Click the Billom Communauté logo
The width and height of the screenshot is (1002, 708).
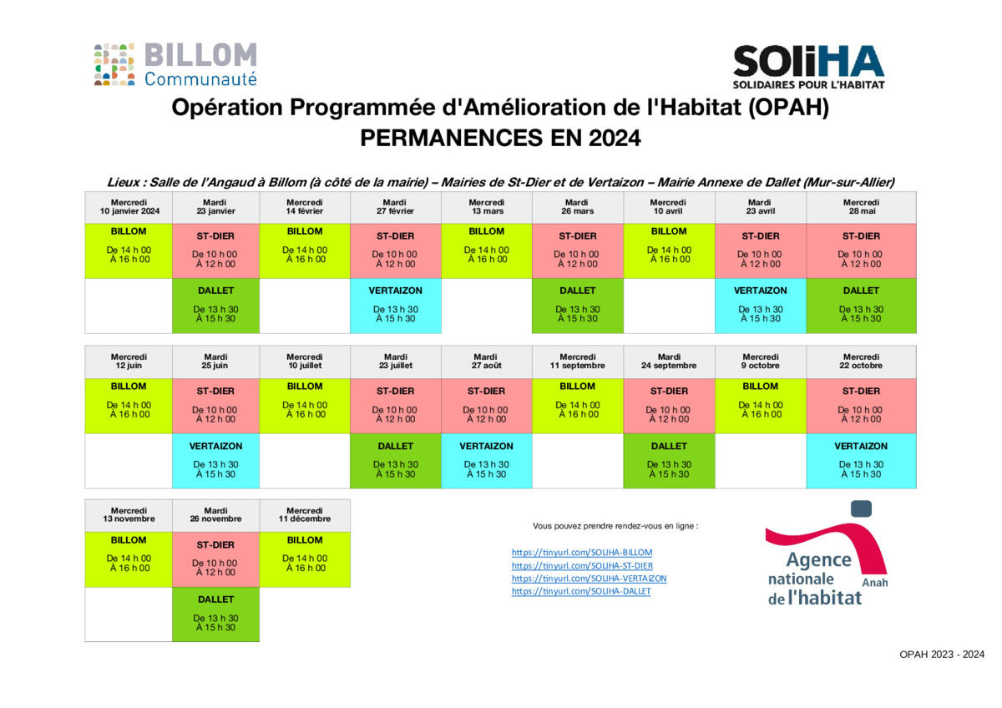[175, 64]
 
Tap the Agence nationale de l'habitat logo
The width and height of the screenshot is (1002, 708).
[826, 554]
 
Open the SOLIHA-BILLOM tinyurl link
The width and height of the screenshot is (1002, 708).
[582, 553]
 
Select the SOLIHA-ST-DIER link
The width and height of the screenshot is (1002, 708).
[582, 565]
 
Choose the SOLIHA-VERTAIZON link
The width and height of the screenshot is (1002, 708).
[589, 578]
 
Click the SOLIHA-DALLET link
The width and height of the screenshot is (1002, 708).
[580, 591]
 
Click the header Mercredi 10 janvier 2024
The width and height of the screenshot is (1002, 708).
[129, 206]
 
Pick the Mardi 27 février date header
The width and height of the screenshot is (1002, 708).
[395, 206]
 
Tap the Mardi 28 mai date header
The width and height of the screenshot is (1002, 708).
[861, 206]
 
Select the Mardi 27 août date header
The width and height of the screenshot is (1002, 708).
[486, 362]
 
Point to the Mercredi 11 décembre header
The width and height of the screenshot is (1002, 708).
[305, 514]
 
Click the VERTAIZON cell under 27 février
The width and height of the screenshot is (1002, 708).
[395, 306]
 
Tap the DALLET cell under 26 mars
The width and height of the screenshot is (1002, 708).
[577, 306]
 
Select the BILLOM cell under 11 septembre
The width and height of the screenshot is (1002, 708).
[577, 405]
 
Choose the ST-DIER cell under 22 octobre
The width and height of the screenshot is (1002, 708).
[861, 406]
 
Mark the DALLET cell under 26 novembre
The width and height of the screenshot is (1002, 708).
[215, 614]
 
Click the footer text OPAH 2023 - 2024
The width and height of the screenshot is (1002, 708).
[942, 655]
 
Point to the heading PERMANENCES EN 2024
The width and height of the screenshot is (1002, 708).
[500, 138]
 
